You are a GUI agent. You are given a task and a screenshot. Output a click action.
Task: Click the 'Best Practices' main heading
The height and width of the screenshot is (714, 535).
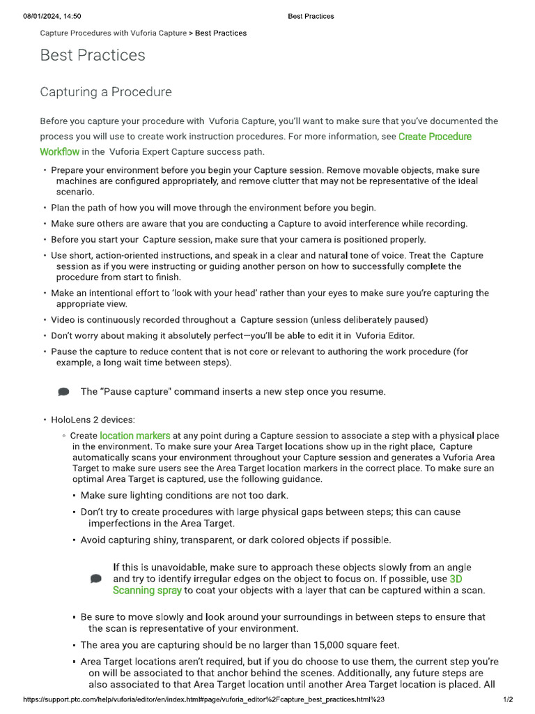(x=93, y=55)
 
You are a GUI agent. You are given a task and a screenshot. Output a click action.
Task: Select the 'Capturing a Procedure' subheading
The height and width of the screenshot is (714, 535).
(x=106, y=92)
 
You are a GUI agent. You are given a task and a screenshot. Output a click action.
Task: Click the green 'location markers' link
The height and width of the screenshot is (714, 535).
(x=135, y=436)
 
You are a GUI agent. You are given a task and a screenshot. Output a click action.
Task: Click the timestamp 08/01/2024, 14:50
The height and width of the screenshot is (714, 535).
(x=52, y=16)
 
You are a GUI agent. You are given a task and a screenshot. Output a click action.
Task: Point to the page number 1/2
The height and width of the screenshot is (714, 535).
(x=508, y=699)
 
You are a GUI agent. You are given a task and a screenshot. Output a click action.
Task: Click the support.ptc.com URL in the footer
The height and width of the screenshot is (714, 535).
(x=204, y=699)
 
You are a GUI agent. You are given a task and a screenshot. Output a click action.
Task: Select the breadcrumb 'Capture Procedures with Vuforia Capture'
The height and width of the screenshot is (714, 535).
(x=114, y=33)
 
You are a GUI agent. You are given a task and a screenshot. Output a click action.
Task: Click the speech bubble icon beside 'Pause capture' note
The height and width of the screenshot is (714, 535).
(x=64, y=392)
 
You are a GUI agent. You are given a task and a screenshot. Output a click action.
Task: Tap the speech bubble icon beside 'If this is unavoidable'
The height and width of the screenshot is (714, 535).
(x=96, y=579)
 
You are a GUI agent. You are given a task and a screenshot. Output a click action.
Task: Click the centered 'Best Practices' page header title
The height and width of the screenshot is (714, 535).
(x=311, y=16)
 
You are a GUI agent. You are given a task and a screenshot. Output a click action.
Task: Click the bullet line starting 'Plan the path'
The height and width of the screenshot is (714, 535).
(x=213, y=207)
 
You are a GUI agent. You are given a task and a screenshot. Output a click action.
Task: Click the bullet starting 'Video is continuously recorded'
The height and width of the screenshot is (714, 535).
(x=239, y=319)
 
